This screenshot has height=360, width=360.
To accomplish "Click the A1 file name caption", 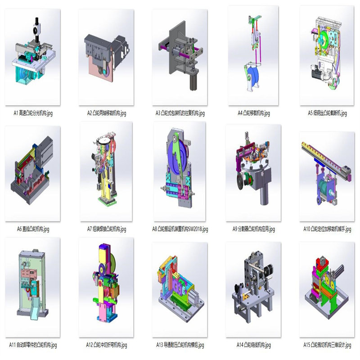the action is [33, 113].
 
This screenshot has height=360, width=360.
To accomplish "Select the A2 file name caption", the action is [107, 113].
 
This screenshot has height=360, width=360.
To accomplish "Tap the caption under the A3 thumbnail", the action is [180, 113].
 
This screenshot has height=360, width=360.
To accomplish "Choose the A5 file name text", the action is [327, 113].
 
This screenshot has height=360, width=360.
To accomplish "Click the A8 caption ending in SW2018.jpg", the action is [180, 229].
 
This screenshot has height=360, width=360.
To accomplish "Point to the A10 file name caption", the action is [327, 229].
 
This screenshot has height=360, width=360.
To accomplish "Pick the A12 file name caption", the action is [107, 345].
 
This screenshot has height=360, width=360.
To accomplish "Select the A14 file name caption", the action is [254, 345].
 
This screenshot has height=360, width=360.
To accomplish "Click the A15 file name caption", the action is [327, 345].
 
